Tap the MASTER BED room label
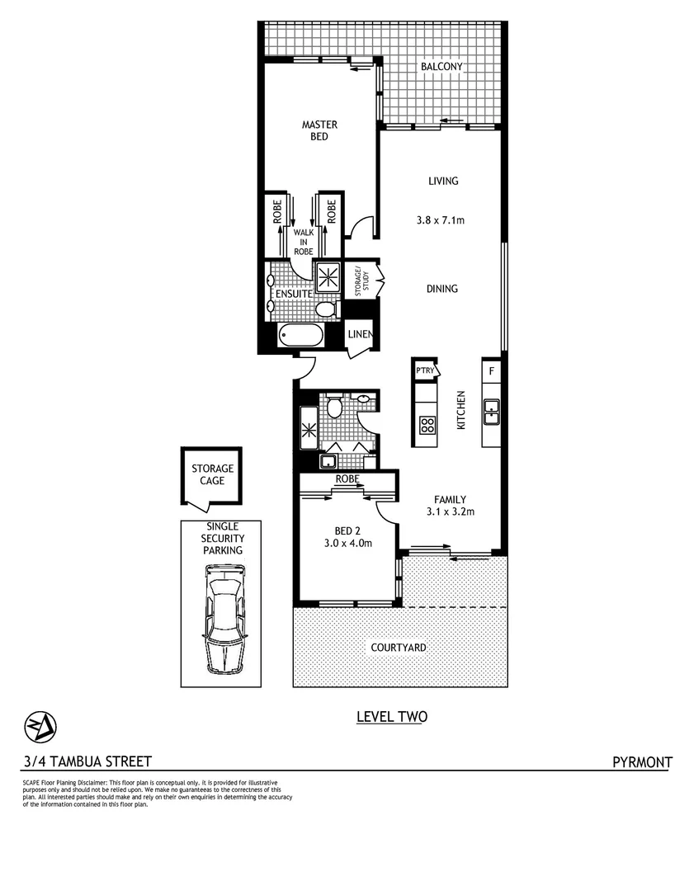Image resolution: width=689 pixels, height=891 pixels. [x=319, y=130]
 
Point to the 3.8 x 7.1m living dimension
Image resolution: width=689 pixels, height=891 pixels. [x=442, y=220]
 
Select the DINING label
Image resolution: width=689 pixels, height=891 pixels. [x=442, y=289]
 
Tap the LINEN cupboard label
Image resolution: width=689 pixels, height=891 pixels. [x=361, y=334]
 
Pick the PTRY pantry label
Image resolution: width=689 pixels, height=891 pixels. [x=425, y=371]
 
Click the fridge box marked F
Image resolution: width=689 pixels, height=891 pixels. [x=492, y=371]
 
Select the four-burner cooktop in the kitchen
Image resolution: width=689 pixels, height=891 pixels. [x=428, y=425]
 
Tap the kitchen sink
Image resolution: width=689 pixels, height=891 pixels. [x=492, y=410]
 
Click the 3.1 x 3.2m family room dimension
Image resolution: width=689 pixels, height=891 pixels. [x=451, y=511]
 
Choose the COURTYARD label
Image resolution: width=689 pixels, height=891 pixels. [x=399, y=648]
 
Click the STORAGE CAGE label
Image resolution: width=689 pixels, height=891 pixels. [x=213, y=474]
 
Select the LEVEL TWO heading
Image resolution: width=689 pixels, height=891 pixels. [x=391, y=717]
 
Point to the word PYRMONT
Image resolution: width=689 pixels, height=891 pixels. [x=642, y=761]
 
